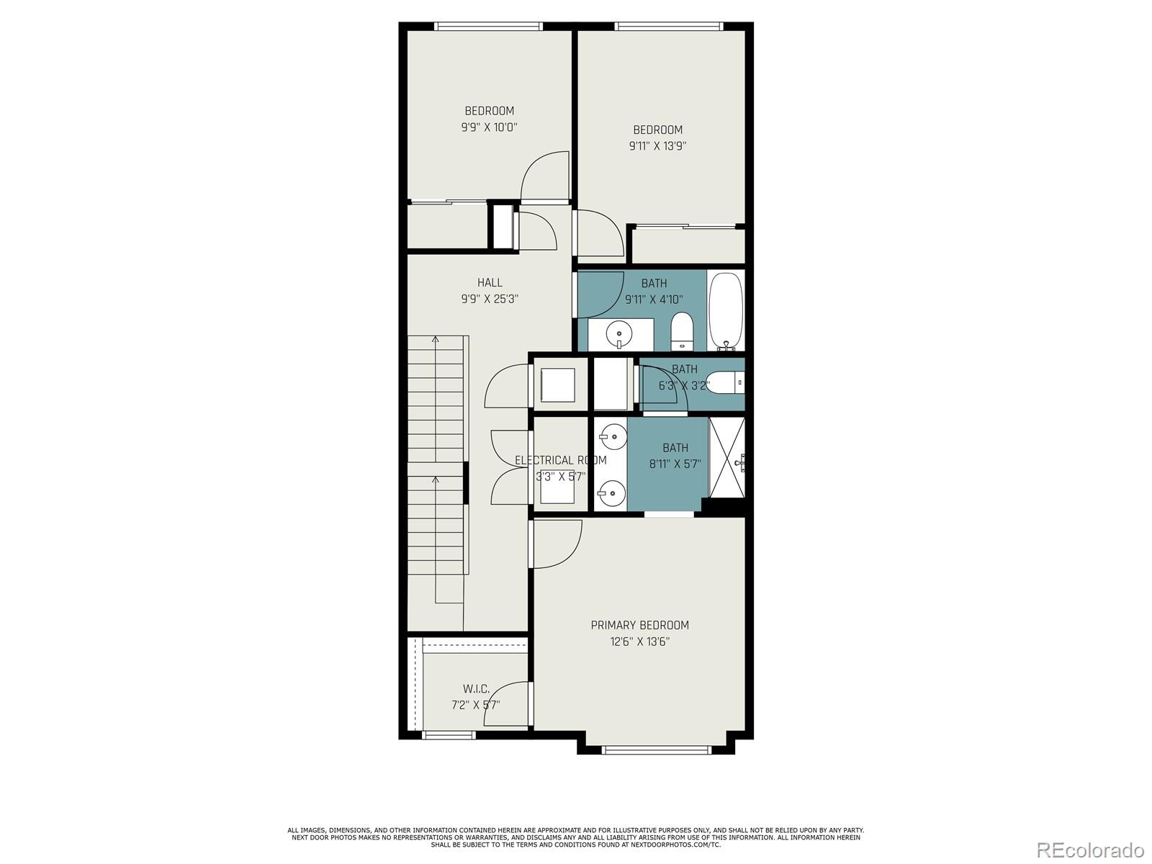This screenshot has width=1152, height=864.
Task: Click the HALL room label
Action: coord(490,283)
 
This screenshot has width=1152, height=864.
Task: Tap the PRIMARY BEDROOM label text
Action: coord(639,625)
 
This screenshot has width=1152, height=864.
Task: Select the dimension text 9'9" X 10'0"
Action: coord(490,127)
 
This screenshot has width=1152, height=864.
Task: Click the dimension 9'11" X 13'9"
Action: coord(657,145)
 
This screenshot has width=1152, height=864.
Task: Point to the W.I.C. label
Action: coord(476,689)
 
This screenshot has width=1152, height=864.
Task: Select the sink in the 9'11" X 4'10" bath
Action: coord(618,333)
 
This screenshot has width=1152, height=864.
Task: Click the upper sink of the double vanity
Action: coord(611,436)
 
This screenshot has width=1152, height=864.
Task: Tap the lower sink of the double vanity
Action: coord(611,493)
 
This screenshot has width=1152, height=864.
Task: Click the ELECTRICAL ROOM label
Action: coord(560,460)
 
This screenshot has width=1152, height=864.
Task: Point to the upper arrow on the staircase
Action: coord(436,360)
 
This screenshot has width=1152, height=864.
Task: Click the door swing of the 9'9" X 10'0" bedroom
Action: coord(545,176)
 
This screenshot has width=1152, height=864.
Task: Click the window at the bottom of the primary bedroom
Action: coord(656,750)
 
